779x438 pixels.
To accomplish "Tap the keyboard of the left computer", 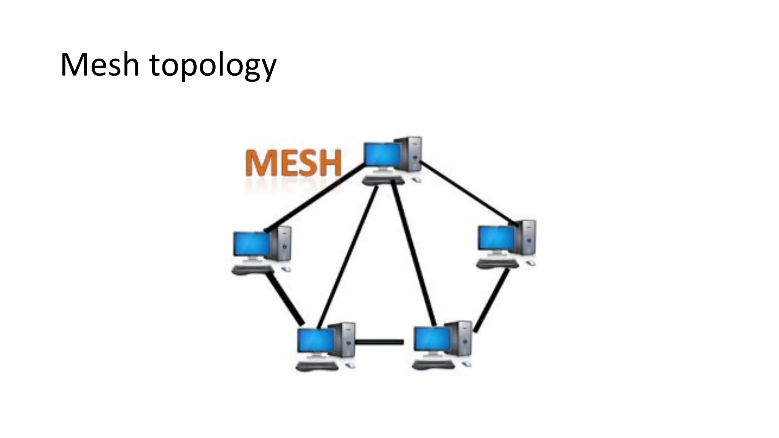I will tap(253, 270).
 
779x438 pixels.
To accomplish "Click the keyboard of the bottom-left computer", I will tap(317, 366).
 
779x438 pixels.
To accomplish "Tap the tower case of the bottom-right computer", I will tap(461, 338).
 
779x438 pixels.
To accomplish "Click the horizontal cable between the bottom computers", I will tap(380, 342).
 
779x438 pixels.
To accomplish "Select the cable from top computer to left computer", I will tap(314, 198).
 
